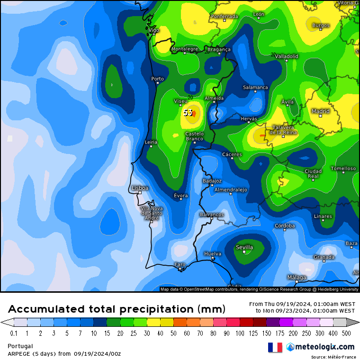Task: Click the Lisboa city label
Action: click(140, 188)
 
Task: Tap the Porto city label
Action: click(157, 79)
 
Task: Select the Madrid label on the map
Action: click(320, 111)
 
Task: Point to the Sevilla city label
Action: click(244, 247)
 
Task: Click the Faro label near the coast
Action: click(180, 264)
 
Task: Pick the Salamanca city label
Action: click(255, 88)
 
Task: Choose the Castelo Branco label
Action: click(194, 136)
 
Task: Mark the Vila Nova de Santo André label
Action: click(152, 213)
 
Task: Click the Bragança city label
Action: click(218, 49)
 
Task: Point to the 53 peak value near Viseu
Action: click(188, 113)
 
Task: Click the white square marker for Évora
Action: click(180, 199)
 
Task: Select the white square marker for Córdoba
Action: click(285, 230)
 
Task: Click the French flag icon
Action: click(275, 347)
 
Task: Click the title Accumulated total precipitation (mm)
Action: click(116, 309)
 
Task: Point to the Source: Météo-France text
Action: click(333, 357)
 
